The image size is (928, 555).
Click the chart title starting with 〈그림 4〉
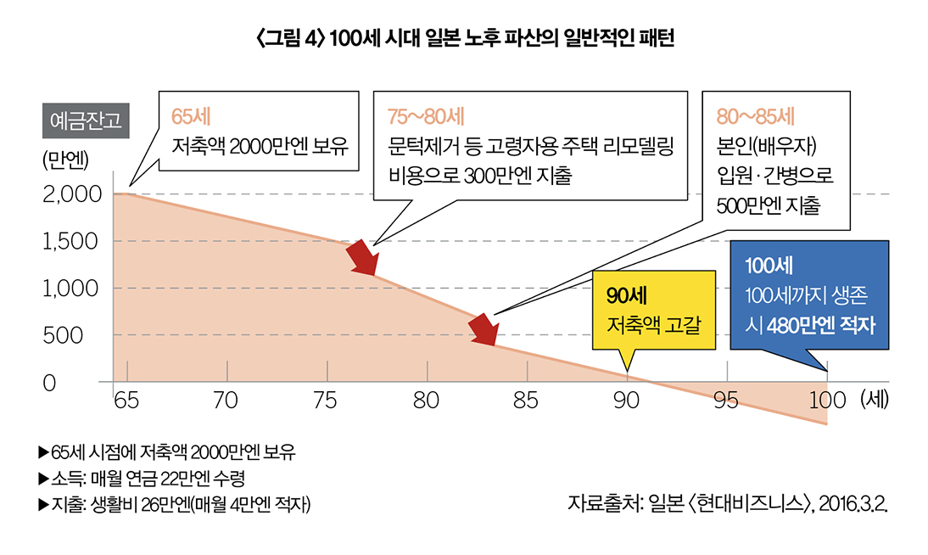(463, 39)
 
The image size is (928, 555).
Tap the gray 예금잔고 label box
(85, 120)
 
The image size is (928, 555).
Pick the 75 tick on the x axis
(325, 401)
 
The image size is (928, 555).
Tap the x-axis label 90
(626, 401)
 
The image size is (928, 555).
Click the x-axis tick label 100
(827, 401)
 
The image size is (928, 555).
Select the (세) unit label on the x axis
(874, 400)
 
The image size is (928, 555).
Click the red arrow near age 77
(362, 258)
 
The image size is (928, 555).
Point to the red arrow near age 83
(484, 329)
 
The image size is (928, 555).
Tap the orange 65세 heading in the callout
(191, 116)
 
